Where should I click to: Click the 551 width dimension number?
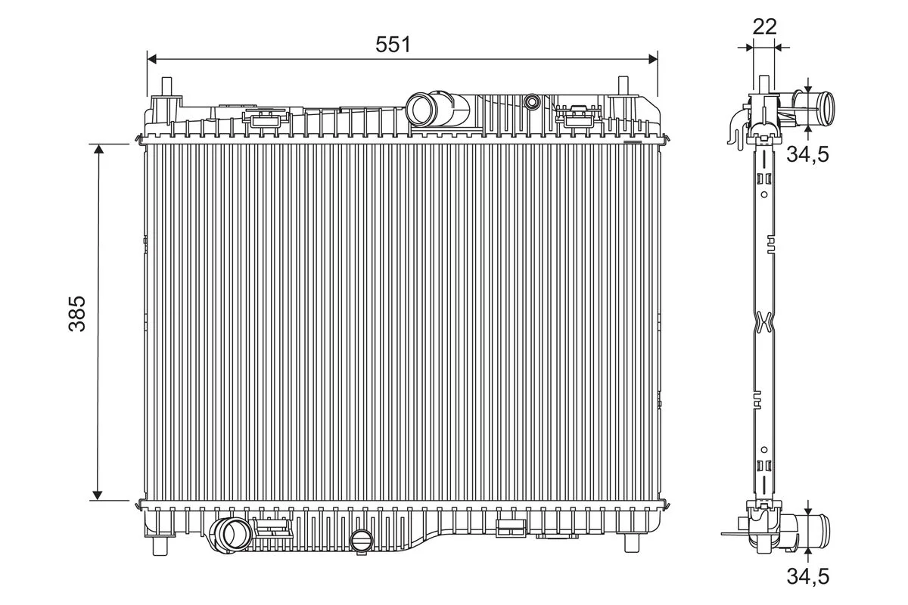(x=393, y=44)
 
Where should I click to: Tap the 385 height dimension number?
(x=77, y=314)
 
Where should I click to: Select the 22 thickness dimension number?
(x=764, y=26)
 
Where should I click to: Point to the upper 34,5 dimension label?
(x=808, y=154)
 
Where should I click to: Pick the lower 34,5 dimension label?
(x=808, y=576)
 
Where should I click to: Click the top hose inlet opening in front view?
(x=420, y=109)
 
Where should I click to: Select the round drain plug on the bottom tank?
(x=361, y=541)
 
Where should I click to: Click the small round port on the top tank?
(x=531, y=101)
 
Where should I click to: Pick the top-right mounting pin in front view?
(x=623, y=86)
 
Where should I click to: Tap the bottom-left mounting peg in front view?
(x=160, y=545)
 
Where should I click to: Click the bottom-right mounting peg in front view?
(x=631, y=544)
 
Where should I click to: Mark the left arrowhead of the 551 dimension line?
(x=151, y=59)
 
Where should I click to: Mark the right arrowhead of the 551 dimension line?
(x=652, y=59)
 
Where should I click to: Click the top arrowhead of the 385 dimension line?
(x=98, y=149)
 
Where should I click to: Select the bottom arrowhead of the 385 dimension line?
(x=98, y=495)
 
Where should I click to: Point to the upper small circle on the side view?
(x=764, y=194)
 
